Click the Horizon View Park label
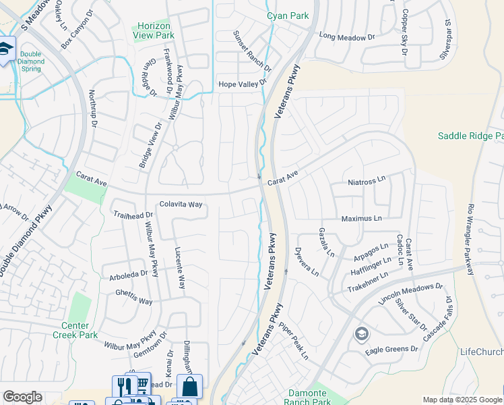pyautogui.click(x=152, y=30)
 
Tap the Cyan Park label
pyautogui.click(x=288, y=15)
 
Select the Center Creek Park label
pyautogui.click(x=75, y=330)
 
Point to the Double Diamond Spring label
pyautogui.click(x=31, y=61)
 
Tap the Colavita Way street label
pyautogui.click(x=181, y=205)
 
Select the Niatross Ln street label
pyautogui.click(x=367, y=181)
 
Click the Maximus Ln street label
pyautogui.click(x=361, y=219)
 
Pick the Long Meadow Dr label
pyautogui.click(x=346, y=37)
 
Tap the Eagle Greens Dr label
pyautogui.click(x=391, y=350)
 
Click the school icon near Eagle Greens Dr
pyautogui.click(x=362, y=334)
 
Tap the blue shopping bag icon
pyautogui.click(x=189, y=387)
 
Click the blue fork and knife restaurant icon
pyautogui.click(x=123, y=387)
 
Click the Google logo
pyautogui.click(x=22, y=397)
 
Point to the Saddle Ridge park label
pyautogui.click(x=470, y=136)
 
